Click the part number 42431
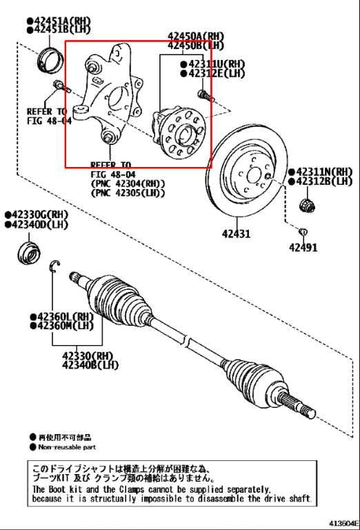(236, 233)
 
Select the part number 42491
(303, 247)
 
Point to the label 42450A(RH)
(196, 36)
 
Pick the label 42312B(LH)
(323, 181)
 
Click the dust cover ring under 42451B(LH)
(48, 60)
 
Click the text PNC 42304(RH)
(128, 183)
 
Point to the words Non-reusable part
(68, 447)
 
